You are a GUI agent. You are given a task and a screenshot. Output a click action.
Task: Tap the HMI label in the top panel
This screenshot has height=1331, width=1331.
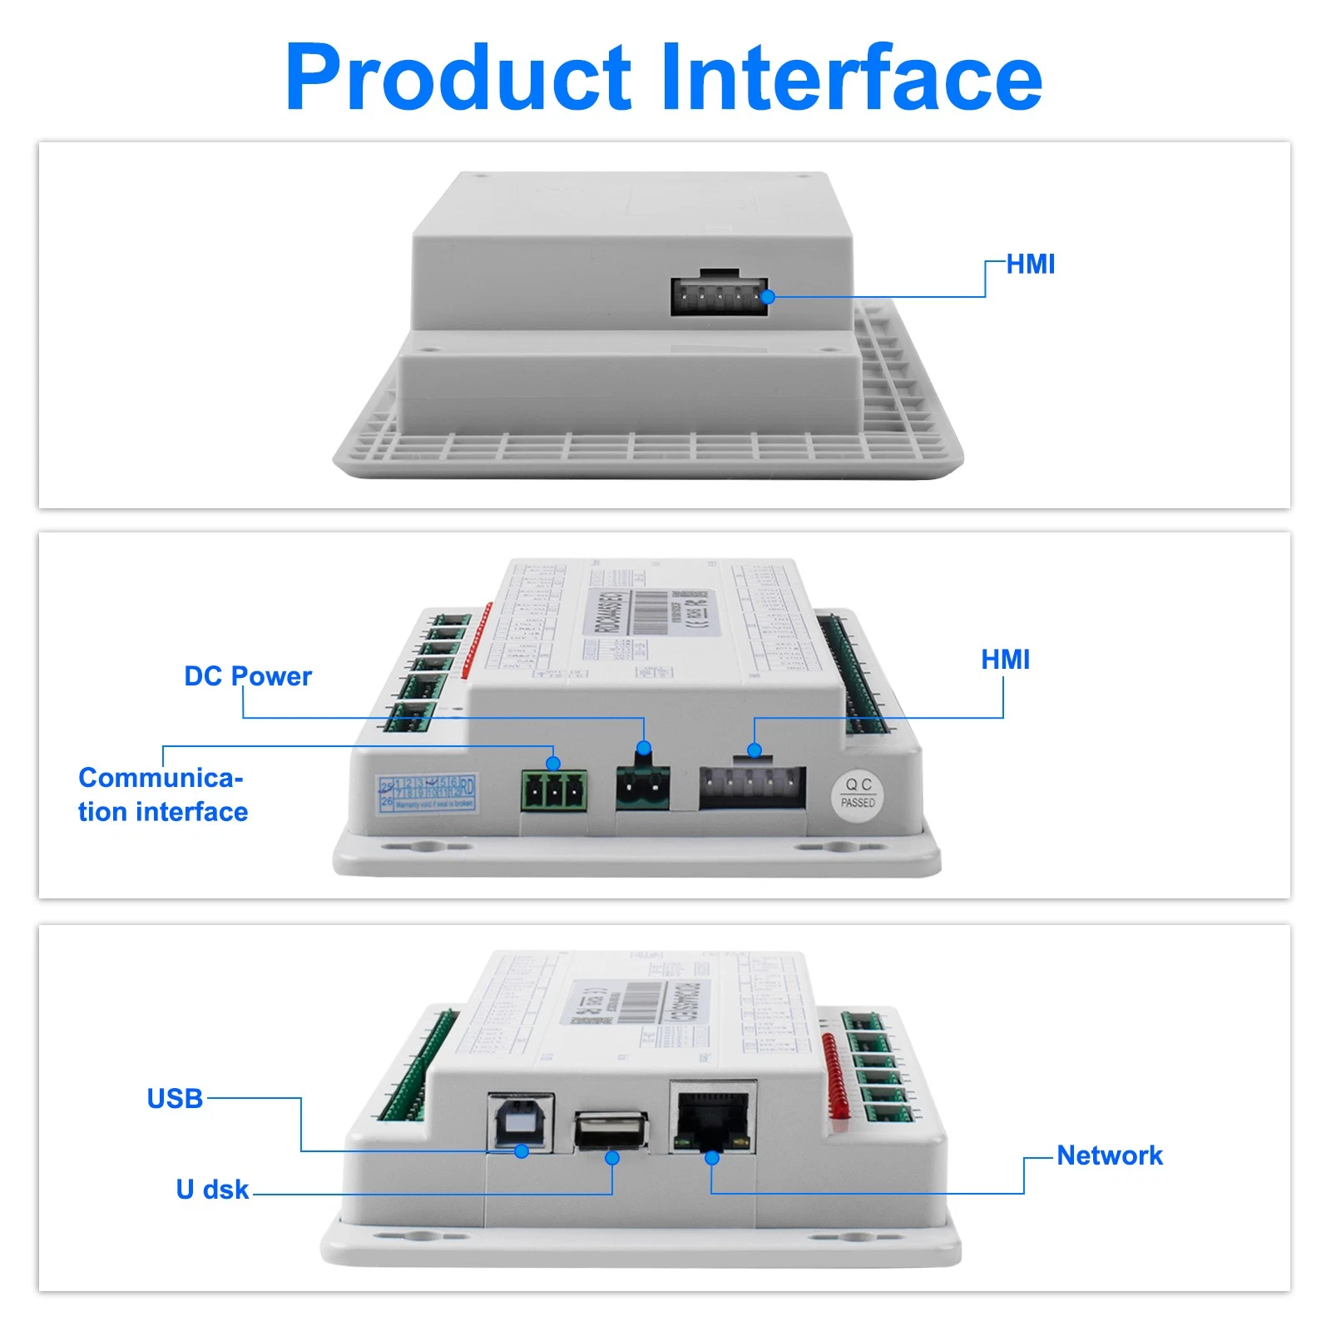[1030, 265]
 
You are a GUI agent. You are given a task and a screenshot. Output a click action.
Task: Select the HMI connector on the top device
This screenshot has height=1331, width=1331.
[719, 296]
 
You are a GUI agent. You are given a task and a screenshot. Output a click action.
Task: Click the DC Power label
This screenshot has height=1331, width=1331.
[248, 676]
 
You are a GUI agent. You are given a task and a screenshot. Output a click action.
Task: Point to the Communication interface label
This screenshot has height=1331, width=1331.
[163, 794]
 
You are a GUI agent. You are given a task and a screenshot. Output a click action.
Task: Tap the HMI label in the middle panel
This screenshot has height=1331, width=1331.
[1005, 660]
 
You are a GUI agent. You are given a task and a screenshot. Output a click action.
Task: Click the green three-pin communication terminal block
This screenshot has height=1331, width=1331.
[554, 790]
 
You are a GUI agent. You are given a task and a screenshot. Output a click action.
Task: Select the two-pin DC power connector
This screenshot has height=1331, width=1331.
[642, 786]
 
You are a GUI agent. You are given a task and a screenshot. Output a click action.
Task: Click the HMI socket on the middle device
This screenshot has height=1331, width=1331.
[752, 787]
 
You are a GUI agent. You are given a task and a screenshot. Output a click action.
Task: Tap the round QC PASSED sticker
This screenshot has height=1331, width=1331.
[858, 794]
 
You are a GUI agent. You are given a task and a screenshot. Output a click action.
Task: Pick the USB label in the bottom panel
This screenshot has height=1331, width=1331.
[175, 1098]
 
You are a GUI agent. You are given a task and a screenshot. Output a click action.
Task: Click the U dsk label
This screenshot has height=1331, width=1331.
[212, 1190]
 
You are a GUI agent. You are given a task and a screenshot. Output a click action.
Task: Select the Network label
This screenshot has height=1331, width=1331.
[1110, 1155]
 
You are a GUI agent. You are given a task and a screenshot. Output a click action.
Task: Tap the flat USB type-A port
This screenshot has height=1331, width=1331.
[611, 1130]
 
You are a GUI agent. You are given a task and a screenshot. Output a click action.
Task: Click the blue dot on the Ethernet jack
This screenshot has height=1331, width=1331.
[712, 1158]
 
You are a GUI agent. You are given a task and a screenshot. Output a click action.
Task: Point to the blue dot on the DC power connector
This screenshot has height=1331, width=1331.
[643, 748]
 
